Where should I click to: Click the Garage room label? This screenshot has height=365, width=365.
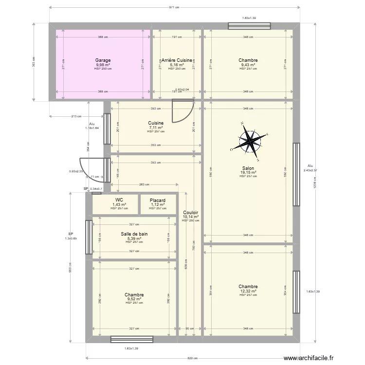(x=103, y=60)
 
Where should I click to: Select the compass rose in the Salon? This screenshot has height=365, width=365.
(x=250, y=141)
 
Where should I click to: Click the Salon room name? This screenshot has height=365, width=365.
(x=248, y=168)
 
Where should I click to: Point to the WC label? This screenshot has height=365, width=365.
(x=119, y=200)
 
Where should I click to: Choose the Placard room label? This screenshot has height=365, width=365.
(x=158, y=200)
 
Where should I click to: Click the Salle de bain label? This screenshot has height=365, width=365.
(x=134, y=234)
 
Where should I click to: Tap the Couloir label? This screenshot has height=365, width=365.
(x=190, y=213)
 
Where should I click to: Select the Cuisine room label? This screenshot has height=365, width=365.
(x=156, y=123)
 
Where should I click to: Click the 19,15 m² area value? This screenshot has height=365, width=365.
(x=248, y=173)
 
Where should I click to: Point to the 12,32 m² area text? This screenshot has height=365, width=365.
(x=248, y=291)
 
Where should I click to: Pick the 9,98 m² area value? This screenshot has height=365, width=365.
(x=103, y=65)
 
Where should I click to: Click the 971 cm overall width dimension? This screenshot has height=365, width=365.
(x=174, y=7)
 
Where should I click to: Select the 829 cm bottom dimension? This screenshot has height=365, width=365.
(x=193, y=358)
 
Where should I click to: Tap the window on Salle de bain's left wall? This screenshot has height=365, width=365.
(x=89, y=237)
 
